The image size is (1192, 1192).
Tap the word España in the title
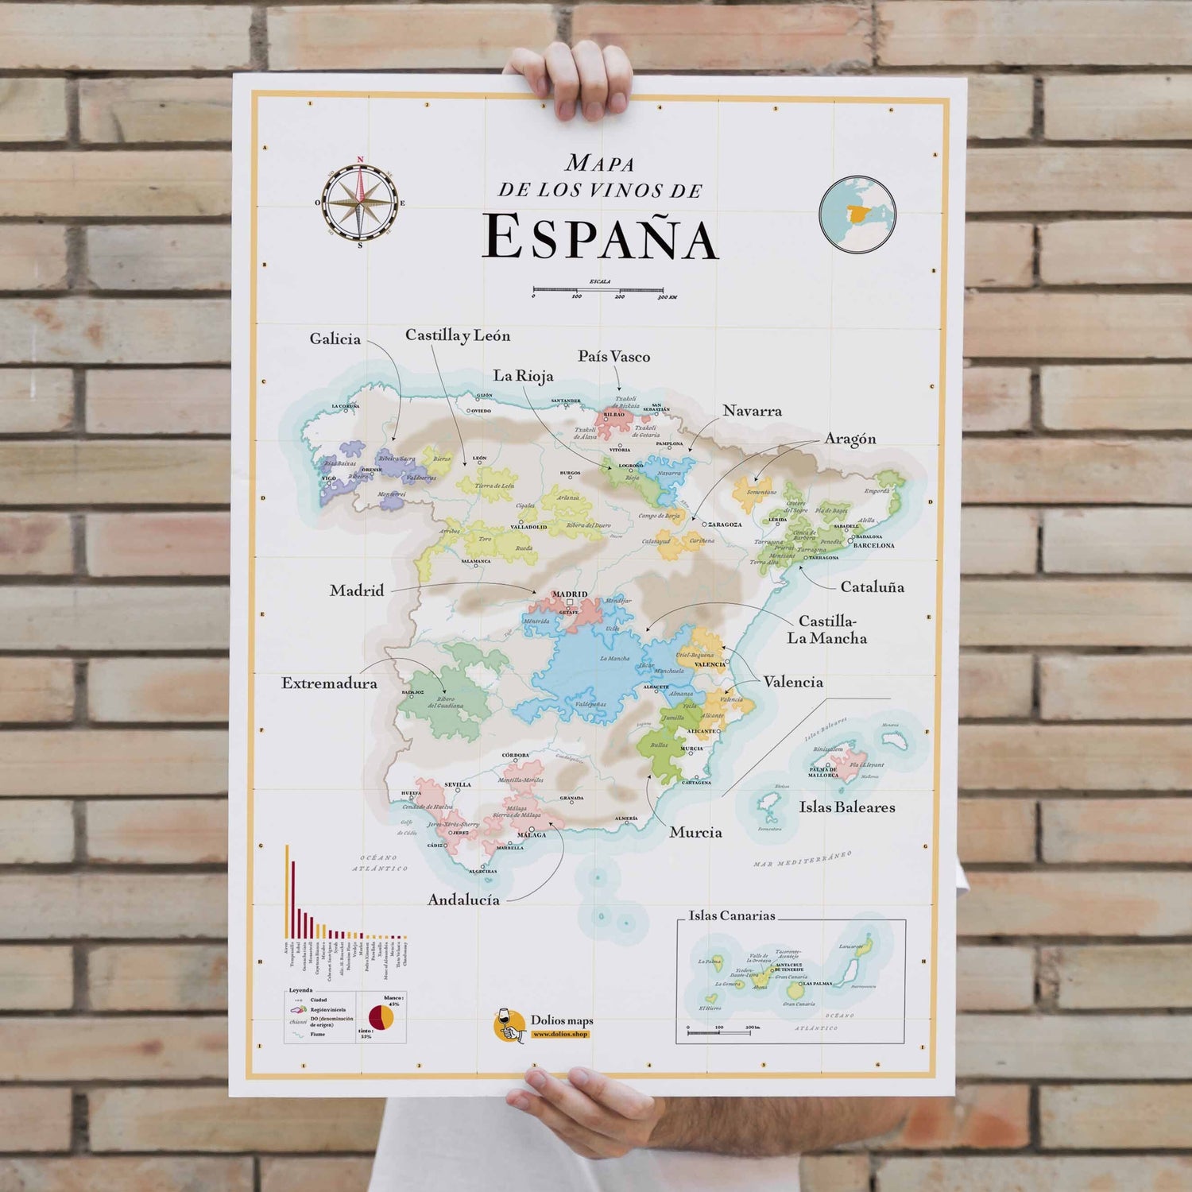[600, 238]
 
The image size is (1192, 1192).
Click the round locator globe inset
[857, 214]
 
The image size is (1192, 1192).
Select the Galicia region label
[335, 339]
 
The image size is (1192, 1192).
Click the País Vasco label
[613, 357]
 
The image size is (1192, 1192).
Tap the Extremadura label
[329, 683]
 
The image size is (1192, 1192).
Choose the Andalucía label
[463, 900]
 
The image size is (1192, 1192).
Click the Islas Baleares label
[847, 807]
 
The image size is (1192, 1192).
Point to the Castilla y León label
[458, 335]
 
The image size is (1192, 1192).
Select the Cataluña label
[872, 587]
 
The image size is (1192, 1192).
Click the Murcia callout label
[695, 832]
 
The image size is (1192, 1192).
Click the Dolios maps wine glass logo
[509, 1025]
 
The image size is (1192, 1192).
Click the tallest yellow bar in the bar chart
[288, 890]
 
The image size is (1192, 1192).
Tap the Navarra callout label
[752, 411]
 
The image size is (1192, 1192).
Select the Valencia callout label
[793, 682]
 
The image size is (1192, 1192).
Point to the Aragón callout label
[849, 439]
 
